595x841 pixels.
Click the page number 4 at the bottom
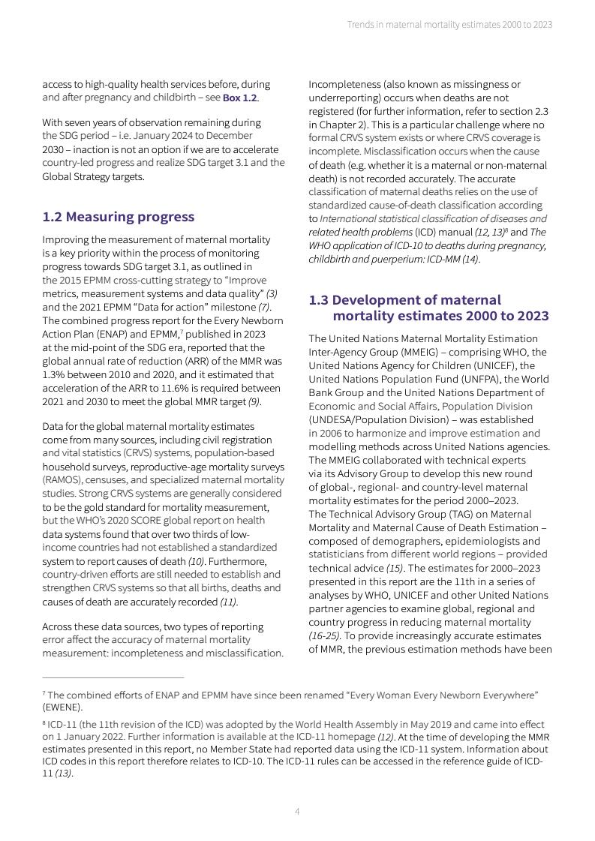click(x=297, y=811)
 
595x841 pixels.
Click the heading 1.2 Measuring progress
click(x=118, y=217)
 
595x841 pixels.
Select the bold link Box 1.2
click(x=240, y=98)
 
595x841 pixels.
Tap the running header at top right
click(x=449, y=25)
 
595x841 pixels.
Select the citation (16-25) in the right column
click(x=323, y=635)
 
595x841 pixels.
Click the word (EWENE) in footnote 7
click(x=62, y=707)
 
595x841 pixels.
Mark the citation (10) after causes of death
click(x=195, y=561)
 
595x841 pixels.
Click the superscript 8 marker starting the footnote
click(x=44, y=723)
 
